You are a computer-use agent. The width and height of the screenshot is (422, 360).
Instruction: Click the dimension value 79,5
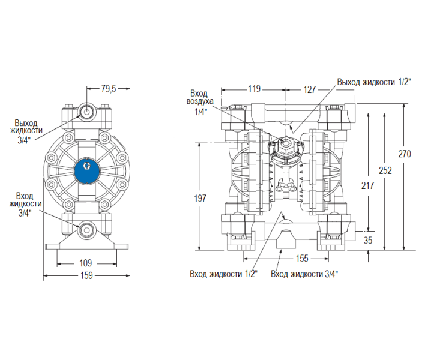click(x=108, y=89)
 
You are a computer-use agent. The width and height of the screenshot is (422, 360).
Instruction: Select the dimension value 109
click(x=86, y=262)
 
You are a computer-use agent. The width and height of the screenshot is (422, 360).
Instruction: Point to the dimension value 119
click(x=254, y=89)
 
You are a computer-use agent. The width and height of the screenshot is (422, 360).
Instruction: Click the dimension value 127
click(x=309, y=89)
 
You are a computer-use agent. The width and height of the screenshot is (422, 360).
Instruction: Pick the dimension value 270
click(x=405, y=154)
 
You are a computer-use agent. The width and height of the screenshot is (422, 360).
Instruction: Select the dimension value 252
click(x=385, y=170)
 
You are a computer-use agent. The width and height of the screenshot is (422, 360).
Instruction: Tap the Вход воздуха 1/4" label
click(x=199, y=103)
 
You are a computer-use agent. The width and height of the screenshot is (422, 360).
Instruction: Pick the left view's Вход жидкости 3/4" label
click(x=25, y=204)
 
